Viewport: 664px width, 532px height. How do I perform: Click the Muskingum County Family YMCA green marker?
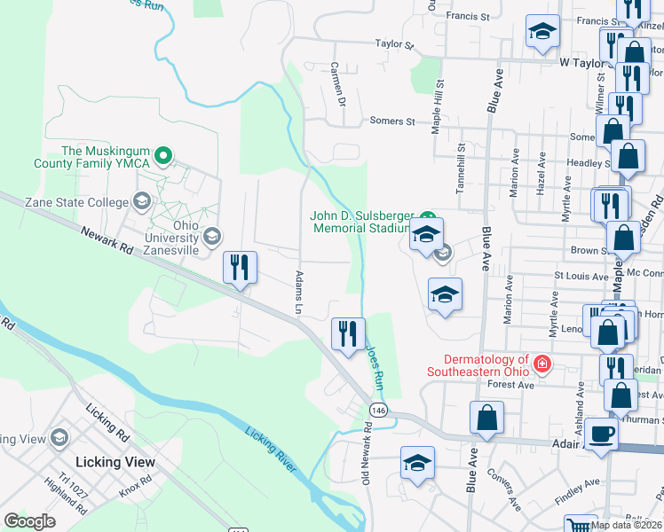point(162,158)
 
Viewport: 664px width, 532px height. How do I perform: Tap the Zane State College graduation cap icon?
point(141,202)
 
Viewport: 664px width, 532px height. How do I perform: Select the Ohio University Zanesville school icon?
point(211,237)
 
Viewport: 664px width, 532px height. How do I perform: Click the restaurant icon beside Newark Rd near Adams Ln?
point(239,267)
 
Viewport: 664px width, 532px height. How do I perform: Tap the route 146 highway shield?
point(378,409)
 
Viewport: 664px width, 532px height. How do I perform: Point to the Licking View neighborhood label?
point(115,462)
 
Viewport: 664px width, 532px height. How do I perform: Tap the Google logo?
point(30,520)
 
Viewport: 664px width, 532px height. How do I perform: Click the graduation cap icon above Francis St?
point(542,32)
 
